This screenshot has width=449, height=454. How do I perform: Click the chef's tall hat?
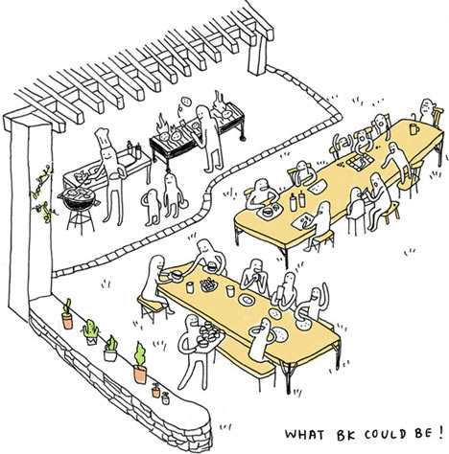pos(103,138)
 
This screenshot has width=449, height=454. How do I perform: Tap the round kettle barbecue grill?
pos(80,208)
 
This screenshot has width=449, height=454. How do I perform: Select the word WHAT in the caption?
pos(304,434)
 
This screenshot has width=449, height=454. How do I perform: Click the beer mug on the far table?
pos(414,129)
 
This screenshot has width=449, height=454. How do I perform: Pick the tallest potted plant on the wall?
pos(140,363)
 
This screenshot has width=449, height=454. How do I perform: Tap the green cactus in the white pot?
pos(91,332)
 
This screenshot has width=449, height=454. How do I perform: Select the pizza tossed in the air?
pos(185,102)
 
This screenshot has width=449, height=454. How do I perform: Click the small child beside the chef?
pos(152,207)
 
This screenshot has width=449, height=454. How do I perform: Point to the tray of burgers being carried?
pos(209,335)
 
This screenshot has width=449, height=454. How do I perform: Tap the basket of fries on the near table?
pos(208,284)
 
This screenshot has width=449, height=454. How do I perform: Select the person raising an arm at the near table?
pos(312,304)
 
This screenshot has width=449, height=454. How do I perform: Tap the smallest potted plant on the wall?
pos(165,398)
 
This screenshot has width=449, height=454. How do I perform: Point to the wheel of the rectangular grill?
pos(244,139)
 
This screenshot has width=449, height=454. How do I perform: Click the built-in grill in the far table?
pos(360,162)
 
